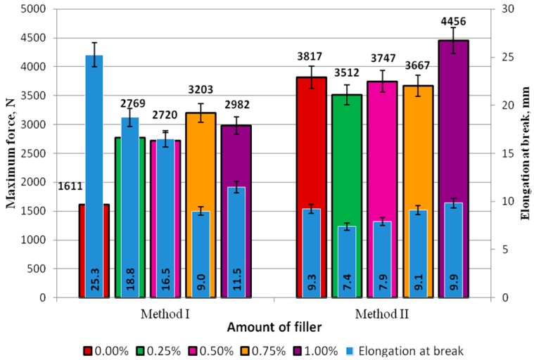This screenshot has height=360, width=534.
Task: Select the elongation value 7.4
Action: point(347,284)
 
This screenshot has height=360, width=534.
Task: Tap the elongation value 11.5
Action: point(236,284)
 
